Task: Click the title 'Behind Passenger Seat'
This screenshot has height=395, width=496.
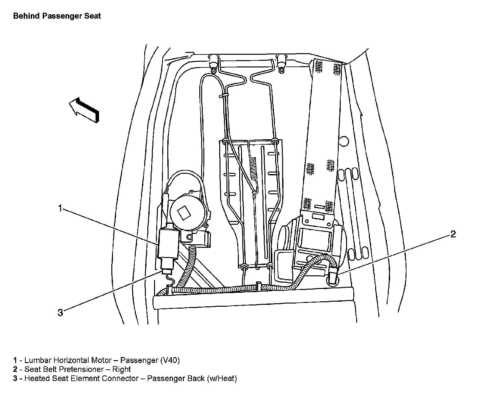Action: click(x=57, y=16)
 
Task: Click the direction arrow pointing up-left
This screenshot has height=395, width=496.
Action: click(x=84, y=110)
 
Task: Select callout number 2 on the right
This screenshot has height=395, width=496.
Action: click(x=453, y=234)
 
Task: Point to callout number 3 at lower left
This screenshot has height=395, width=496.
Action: click(x=60, y=313)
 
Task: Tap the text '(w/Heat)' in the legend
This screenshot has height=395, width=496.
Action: click(x=222, y=379)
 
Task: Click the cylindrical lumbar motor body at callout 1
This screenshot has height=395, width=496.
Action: click(x=168, y=244)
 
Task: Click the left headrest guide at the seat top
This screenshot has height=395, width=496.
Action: click(x=213, y=64)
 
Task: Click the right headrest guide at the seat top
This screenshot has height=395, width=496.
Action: click(x=280, y=64)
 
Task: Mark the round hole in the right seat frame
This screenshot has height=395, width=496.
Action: click(x=344, y=141)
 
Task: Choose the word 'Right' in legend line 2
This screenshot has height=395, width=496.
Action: click(x=122, y=369)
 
